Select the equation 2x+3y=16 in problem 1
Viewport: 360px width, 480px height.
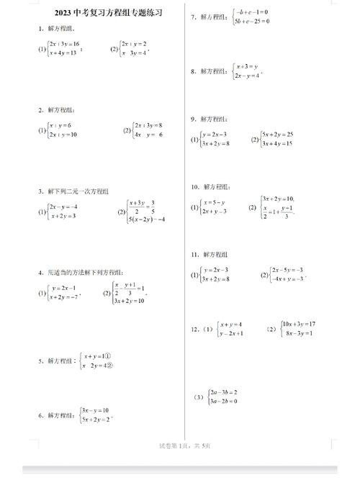click(65, 45)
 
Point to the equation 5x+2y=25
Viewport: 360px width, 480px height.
click(278, 135)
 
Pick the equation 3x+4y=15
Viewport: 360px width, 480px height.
click(278, 144)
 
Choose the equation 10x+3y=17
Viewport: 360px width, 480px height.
click(300, 324)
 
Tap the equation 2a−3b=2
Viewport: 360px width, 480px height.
click(224, 392)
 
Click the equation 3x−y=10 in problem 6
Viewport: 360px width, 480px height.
click(95, 410)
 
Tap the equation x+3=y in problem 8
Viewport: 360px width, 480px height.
click(247, 66)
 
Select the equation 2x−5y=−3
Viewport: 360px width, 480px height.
click(287, 269)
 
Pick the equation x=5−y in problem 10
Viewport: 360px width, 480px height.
click(214, 202)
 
